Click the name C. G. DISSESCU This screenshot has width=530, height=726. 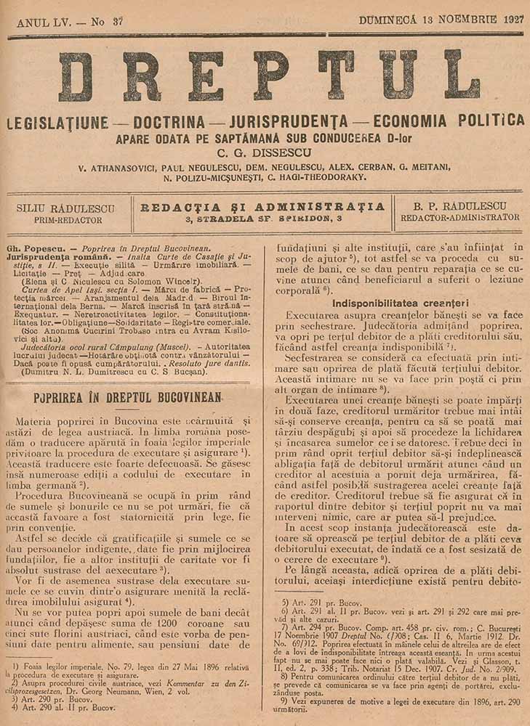coord(264,153)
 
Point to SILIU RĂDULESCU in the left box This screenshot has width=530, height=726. coord(59,208)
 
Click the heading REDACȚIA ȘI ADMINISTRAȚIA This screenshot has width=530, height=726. coord(262,207)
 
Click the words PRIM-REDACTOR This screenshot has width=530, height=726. coord(60,219)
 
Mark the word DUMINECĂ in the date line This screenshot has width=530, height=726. coord(387,20)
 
